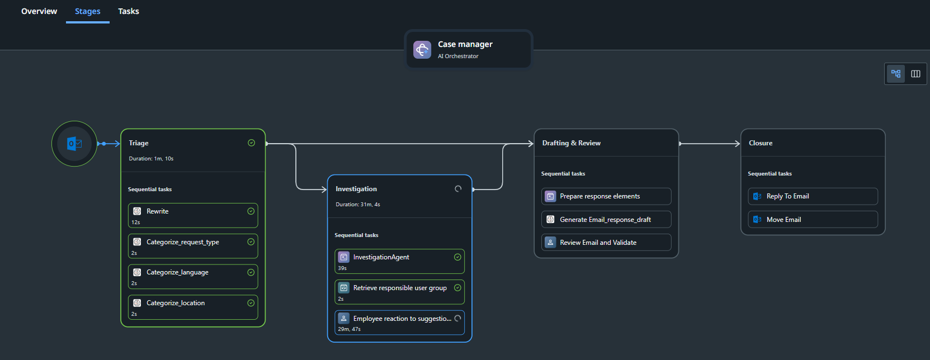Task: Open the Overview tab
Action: pyautogui.click(x=39, y=11)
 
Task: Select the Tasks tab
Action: pyautogui.click(x=128, y=11)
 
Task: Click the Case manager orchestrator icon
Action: pyautogui.click(x=422, y=50)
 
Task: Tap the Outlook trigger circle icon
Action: pyautogui.click(x=74, y=144)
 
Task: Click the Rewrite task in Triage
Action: pyautogui.click(x=193, y=216)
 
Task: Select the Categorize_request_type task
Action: pyautogui.click(x=193, y=246)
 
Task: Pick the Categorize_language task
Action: pyautogui.click(x=193, y=277)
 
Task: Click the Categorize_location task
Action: pyautogui.click(x=193, y=307)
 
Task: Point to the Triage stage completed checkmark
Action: pyautogui.click(x=251, y=143)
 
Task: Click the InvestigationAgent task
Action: pyautogui.click(x=399, y=262)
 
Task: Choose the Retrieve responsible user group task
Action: pyautogui.click(x=399, y=292)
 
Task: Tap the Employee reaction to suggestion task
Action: pyautogui.click(x=399, y=323)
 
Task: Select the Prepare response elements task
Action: pyautogui.click(x=606, y=196)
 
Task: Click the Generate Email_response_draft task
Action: pyautogui.click(x=606, y=220)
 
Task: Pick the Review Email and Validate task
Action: pyautogui.click(x=606, y=243)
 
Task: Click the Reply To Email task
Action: pyautogui.click(x=813, y=196)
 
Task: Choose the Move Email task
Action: pyautogui.click(x=813, y=220)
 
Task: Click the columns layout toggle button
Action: pyautogui.click(x=915, y=74)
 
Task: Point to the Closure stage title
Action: pyautogui.click(x=761, y=143)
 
